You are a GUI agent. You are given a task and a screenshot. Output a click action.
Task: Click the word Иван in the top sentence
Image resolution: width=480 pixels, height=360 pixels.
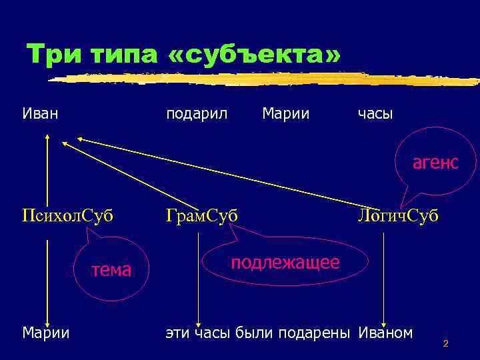[40, 114]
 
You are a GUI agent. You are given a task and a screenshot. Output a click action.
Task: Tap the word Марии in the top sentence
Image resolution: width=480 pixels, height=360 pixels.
[286, 114]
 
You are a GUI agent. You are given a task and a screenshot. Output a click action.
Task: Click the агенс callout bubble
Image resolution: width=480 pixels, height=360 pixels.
[435, 162]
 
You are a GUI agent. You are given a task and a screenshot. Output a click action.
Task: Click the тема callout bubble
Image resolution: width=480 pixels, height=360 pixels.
[111, 269]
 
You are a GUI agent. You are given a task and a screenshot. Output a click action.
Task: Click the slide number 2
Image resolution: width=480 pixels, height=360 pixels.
[445, 344]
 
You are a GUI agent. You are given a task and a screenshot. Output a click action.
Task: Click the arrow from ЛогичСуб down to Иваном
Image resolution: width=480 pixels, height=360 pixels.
[383, 280]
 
